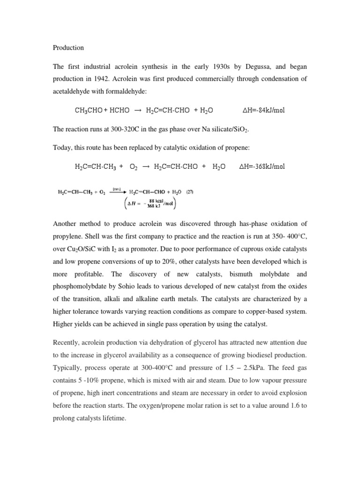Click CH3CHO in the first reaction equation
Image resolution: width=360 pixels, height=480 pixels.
89,111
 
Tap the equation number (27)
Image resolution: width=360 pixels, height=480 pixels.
190,191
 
